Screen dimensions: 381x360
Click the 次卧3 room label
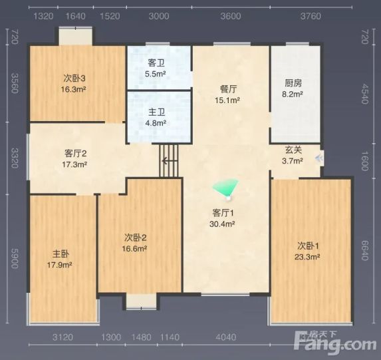click(x=74, y=79)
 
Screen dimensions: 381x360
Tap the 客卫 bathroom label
click(x=156, y=63)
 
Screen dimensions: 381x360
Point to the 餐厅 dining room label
click(x=228, y=89)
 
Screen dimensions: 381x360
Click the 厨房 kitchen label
click(x=293, y=83)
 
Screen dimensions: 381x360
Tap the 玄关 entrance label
click(x=293, y=150)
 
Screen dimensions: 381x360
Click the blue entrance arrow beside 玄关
click(x=319, y=158)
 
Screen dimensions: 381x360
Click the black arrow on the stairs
click(x=170, y=160)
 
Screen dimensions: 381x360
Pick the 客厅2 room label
click(x=76, y=154)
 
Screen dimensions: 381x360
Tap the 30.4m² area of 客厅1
click(x=222, y=224)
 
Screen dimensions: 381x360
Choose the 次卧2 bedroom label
click(x=136, y=238)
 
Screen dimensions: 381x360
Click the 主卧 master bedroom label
click(x=61, y=254)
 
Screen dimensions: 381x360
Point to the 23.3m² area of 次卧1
click(x=307, y=257)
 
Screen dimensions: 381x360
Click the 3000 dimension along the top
click(x=159, y=16)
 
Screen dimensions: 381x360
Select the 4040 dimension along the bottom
click(x=225, y=337)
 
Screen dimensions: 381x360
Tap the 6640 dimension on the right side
click(x=364, y=250)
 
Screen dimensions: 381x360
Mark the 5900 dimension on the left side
click(x=15, y=258)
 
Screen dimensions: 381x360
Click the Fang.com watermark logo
click(x=335, y=343)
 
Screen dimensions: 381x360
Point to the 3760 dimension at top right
click(x=311, y=16)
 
